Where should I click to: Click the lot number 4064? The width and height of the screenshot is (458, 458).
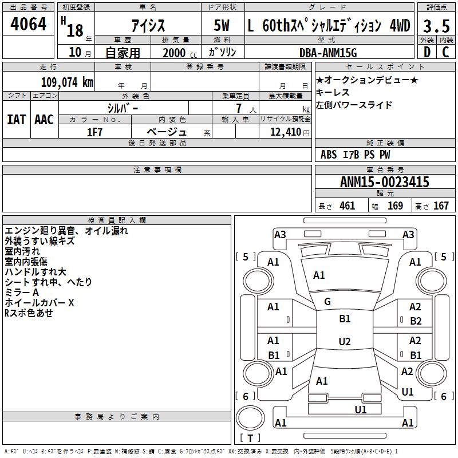coord(28,24)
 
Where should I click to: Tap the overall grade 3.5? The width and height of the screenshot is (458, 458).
coord(436,26)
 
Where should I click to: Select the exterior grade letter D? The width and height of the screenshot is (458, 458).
coord(427,52)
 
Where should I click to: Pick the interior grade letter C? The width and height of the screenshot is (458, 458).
coord(445,52)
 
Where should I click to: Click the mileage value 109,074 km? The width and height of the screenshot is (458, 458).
coord(67,82)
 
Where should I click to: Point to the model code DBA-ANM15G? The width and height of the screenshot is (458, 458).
coord(328,53)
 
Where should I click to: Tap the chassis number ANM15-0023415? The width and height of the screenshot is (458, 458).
coord(385,182)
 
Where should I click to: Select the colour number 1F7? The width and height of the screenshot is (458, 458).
coord(94,132)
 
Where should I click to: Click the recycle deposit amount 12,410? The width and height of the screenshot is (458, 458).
coord(285,132)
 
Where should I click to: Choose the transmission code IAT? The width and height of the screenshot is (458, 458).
coord(17,120)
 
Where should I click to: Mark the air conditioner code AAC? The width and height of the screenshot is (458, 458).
coord(44,120)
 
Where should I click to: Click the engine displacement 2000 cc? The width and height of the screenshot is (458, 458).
coord(180,53)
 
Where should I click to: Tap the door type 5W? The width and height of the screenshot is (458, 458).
coord(222,25)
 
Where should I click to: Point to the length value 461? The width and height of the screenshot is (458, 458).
coord(348,206)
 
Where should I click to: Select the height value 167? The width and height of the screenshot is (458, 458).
coord(441,206)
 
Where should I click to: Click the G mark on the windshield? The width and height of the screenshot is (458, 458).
coord(327,302)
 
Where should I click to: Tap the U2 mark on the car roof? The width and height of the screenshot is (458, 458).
coord(345,341)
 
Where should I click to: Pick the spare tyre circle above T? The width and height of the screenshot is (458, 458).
coord(250,417)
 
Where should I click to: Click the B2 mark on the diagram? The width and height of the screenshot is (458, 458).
coord(416,321)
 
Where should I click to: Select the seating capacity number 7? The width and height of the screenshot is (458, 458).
coord(239,108)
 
